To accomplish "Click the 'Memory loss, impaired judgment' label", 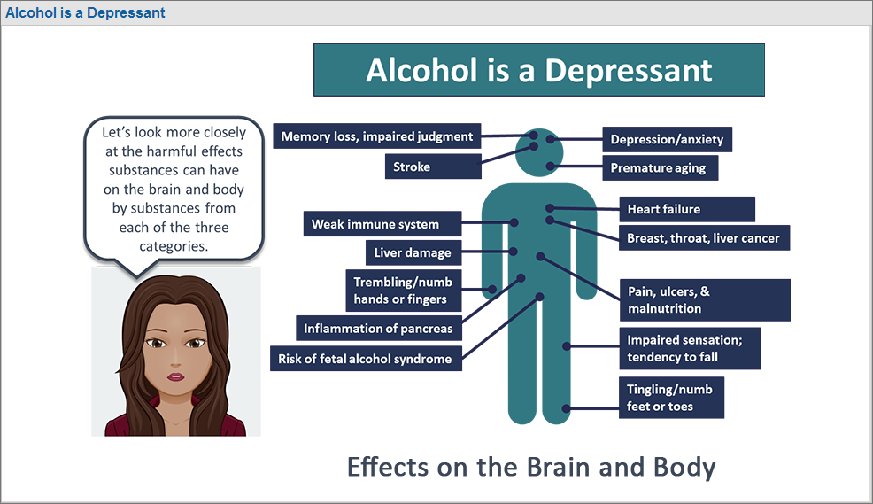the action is [x=377, y=136].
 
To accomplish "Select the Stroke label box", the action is [x=433, y=167].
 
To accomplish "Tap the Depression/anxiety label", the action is [x=667, y=139].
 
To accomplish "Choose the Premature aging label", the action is [x=661, y=167].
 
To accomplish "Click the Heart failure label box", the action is [x=687, y=209].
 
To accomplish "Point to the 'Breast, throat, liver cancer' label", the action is [x=704, y=237].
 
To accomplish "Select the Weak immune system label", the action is [x=382, y=224].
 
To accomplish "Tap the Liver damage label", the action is [x=413, y=252].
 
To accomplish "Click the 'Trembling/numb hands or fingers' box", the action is [x=404, y=291].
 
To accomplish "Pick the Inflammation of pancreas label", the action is [x=379, y=329].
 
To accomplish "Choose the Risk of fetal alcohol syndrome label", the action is [x=366, y=359].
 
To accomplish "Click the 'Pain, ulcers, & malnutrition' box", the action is [x=706, y=299].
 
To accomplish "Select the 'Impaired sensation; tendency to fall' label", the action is [x=690, y=348].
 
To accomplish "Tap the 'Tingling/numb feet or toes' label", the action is [x=671, y=398].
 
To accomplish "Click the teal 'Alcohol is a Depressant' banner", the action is [x=539, y=70].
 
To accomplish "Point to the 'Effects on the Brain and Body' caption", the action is [x=531, y=467].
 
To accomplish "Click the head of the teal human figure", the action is [x=539, y=152].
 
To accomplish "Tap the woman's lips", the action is [x=175, y=376].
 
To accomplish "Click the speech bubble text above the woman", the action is [x=174, y=189].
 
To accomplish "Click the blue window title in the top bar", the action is [x=85, y=12].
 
